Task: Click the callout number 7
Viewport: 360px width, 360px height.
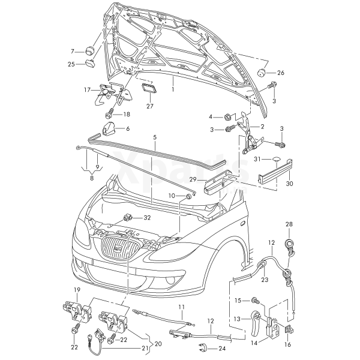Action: (x=73, y=51)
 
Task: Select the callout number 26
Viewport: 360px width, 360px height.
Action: (x=280, y=73)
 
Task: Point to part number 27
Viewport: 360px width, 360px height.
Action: (x=149, y=106)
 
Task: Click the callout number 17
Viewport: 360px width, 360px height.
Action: (x=87, y=90)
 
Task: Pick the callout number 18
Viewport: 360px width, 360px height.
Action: (x=127, y=114)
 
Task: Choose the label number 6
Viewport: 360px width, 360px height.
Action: (x=127, y=128)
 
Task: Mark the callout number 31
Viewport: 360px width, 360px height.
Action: (x=257, y=159)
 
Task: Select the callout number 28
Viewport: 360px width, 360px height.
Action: (x=289, y=224)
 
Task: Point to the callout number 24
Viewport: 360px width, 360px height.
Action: (x=221, y=348)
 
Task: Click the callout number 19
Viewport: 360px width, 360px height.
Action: (x=77, y=290)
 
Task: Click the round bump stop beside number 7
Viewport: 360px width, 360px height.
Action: (x=92, y=49)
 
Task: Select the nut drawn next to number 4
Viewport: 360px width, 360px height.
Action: (x=229, y=116)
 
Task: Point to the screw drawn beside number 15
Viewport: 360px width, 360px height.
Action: (x=256, y=299)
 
